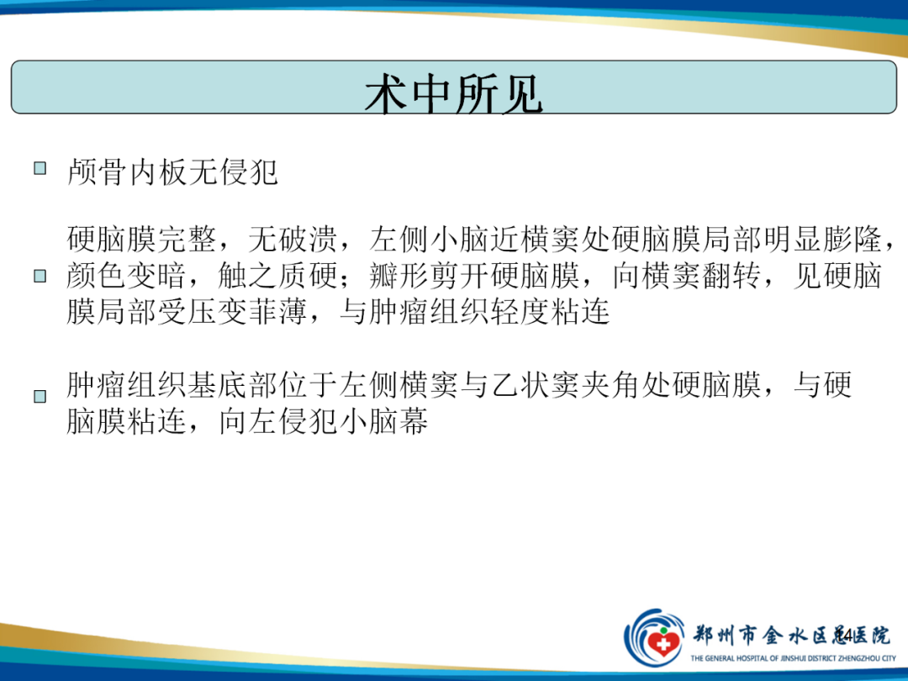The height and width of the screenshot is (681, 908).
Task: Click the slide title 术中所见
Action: click(454, 94)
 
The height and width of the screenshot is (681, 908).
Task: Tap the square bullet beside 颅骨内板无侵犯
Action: click(40, 168)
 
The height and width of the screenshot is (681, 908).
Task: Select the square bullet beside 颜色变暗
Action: click(40, 276)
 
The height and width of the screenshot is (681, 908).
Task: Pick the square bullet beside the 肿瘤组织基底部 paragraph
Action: click(40, 396)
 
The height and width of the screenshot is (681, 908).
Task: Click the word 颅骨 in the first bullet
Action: click(97, 172)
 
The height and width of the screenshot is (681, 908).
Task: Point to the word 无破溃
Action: click(293, 239)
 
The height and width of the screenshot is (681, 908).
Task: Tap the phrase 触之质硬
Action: click(278, 276)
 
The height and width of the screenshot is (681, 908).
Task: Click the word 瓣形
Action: click(399, 276)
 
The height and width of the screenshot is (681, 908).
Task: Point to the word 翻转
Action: click(731, 276)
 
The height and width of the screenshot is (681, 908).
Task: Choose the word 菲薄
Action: click(277, 312)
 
